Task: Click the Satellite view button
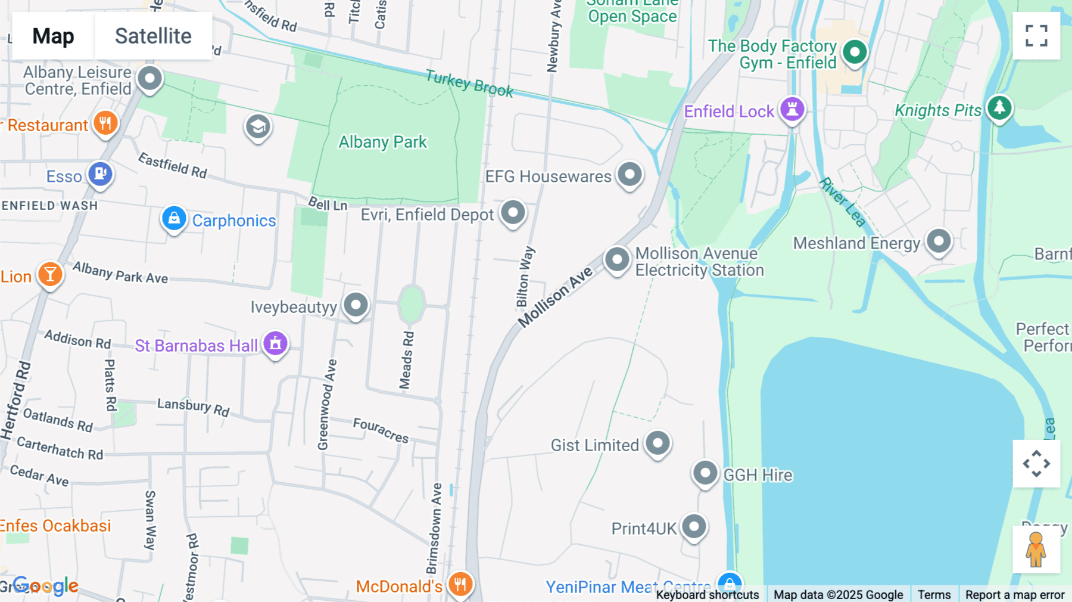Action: pyautogui.click(x=153, y=36)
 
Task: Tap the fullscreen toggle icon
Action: pyautogui.click(x=1036, y=36)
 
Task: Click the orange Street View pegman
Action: pyautogui.click(x=1036, y=550)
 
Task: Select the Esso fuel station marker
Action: pyautogui.click(x=101, y=174)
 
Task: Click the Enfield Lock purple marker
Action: pyautogui.click(x=792, y=109)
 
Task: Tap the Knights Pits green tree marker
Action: pyautogui.click(x=999, y=108)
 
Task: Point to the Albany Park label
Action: pyautogui.click(x=382, y=142)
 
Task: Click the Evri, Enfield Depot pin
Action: pyautogui.click(x=513, y=212)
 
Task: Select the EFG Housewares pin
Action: pyautogui.click(x=630, y=175)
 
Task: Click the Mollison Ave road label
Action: pyautogui.click(x=555, y=297)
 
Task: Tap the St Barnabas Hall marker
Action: pyautogui.click(x=275, y=344)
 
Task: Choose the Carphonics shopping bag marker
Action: pyautogui.click(x=174, y=219)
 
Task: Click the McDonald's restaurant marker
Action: pyautogui.click(x=460, y=584)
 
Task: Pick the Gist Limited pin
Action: pyautogui.click(x=657, y=443)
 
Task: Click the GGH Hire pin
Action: pyautogui.click(x=705, y=473)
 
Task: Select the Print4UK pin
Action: pyautogui.click(x=694, y=527)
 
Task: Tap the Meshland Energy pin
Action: pyautogui.click(x=939, y=241)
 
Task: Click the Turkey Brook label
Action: pyautogui.click(x=469, y=83)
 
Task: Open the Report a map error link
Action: pyautogui.click(x=1015, y=595)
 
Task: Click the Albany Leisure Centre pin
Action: pyautogui.click(x=149, y=78)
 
